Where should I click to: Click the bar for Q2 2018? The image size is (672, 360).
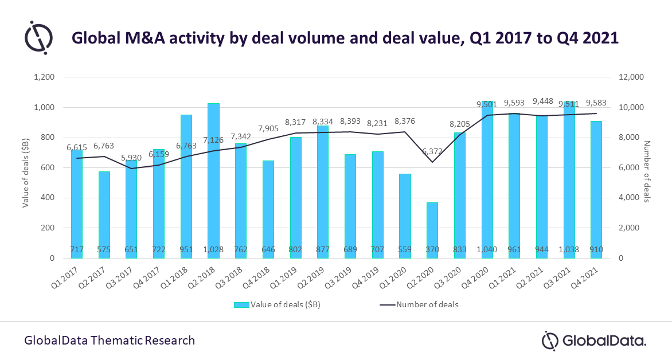pos(213,181)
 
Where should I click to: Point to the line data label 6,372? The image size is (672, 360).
pos(432,151)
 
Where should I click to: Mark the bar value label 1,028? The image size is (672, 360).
pos(213,249)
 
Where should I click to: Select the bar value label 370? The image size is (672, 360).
pos(432,249)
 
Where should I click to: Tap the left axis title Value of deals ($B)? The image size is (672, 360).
pos(26,168)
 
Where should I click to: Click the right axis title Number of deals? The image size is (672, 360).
pos(646,171)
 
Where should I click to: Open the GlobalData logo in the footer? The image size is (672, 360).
pos(594,340)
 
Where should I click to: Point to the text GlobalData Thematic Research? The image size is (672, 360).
pos(110,341)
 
